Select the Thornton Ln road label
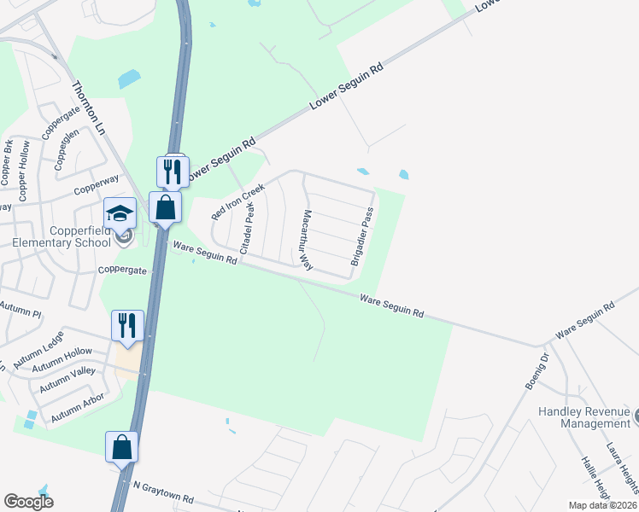coord(87,108)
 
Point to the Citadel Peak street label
coord(249,228)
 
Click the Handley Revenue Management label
coord(583,417)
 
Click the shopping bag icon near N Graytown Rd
coord(121,447)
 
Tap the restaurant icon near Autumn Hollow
coord(126,325)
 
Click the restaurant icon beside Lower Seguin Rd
coord(173,172)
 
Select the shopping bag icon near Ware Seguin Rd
coord(165,207)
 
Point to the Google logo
coord(29,502)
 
